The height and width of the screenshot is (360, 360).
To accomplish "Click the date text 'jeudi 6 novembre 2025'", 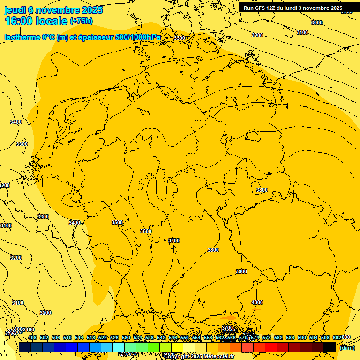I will [53, 10].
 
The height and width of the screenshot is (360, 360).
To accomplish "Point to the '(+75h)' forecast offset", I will [81, 21].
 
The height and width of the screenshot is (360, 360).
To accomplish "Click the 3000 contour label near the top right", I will [317, 22].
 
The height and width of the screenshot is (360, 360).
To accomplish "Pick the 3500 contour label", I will [117, 222].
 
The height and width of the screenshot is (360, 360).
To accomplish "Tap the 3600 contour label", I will [146, 231].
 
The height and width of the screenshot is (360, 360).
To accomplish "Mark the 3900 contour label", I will [241, 271].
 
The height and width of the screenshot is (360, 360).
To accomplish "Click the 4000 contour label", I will [257, 302].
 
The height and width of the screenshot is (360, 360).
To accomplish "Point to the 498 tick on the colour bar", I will [32, 337].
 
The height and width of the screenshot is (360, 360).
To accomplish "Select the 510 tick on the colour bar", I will [67, 337].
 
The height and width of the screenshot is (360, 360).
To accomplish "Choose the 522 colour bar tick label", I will [103, 337].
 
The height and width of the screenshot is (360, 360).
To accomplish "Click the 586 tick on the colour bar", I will [290, 337].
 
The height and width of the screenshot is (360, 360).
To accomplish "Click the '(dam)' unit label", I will [347, 347].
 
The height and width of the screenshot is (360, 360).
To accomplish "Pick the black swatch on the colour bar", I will [330, 347].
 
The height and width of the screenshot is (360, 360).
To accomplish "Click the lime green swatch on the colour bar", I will [154, 347].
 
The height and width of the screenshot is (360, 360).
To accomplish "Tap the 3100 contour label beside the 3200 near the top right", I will [302, 32].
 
